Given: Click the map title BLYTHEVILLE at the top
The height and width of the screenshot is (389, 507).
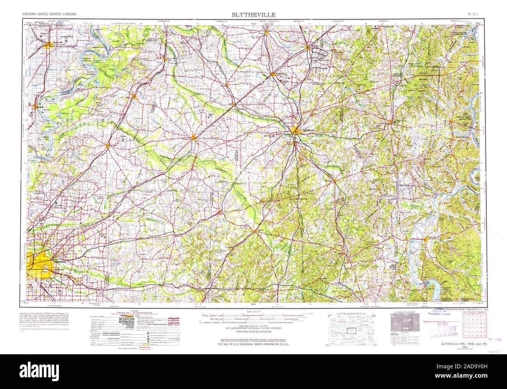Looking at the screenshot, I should pos(253,14).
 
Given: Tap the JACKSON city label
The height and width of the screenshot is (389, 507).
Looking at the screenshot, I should pos(307,130).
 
